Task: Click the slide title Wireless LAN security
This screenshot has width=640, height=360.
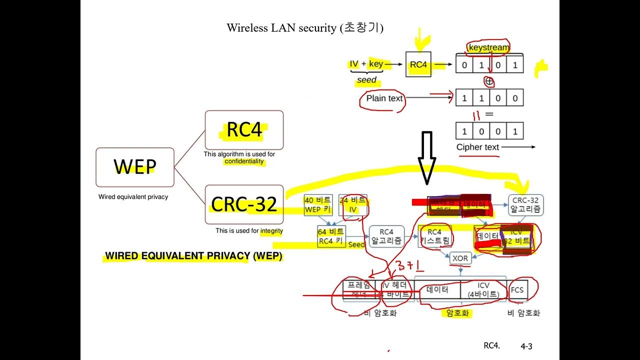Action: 305,27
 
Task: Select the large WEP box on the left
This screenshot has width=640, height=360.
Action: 135,166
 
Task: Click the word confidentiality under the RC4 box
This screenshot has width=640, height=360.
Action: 244,161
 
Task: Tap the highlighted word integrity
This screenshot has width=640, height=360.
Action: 271,231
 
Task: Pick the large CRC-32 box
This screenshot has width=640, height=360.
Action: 244,204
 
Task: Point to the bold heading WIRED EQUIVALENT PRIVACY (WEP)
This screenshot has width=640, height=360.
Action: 193,256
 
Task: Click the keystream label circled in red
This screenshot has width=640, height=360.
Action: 488,47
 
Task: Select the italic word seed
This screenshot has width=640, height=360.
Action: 366,80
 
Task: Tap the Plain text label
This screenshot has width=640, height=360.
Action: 384,98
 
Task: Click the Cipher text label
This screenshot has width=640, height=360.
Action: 477,147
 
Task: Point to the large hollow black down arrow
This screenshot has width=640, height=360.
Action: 426,157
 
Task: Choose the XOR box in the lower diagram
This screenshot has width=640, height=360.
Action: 459,258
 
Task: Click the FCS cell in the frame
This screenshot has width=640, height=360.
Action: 517,290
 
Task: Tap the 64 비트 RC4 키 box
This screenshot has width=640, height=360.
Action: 331,236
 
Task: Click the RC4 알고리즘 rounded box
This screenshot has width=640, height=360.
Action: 386,236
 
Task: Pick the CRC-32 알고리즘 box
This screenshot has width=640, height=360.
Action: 525,205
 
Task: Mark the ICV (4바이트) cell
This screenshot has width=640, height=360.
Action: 483,290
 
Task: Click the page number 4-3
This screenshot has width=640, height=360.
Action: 526,346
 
